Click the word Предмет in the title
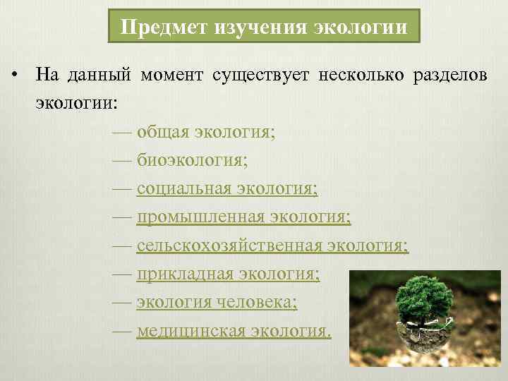pos(155,28)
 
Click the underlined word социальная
pos(184,188)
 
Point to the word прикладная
pos(185,273)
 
